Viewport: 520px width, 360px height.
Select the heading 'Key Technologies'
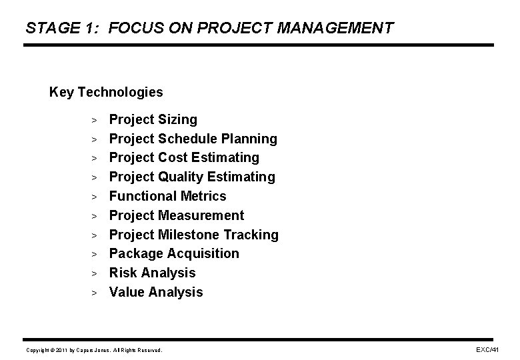[x=106, y=91]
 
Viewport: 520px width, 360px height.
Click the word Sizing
[x=178, y=120]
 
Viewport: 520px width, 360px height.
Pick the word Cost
[x=173, y=157]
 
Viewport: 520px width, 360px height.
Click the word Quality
[x=182, y=177]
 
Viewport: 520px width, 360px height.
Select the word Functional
[x=143, y=196]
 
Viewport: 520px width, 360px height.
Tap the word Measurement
[x=201, y=215]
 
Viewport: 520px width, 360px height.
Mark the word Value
[x=127, y=292]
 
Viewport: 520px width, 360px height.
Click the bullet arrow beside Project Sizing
[x=95, y=121]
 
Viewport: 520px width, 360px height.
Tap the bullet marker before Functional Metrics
[x=95, y=197]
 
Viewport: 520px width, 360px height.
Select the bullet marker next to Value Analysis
[x=95, y=293]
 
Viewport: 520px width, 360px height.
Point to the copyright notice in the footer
[x=94, y=349]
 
